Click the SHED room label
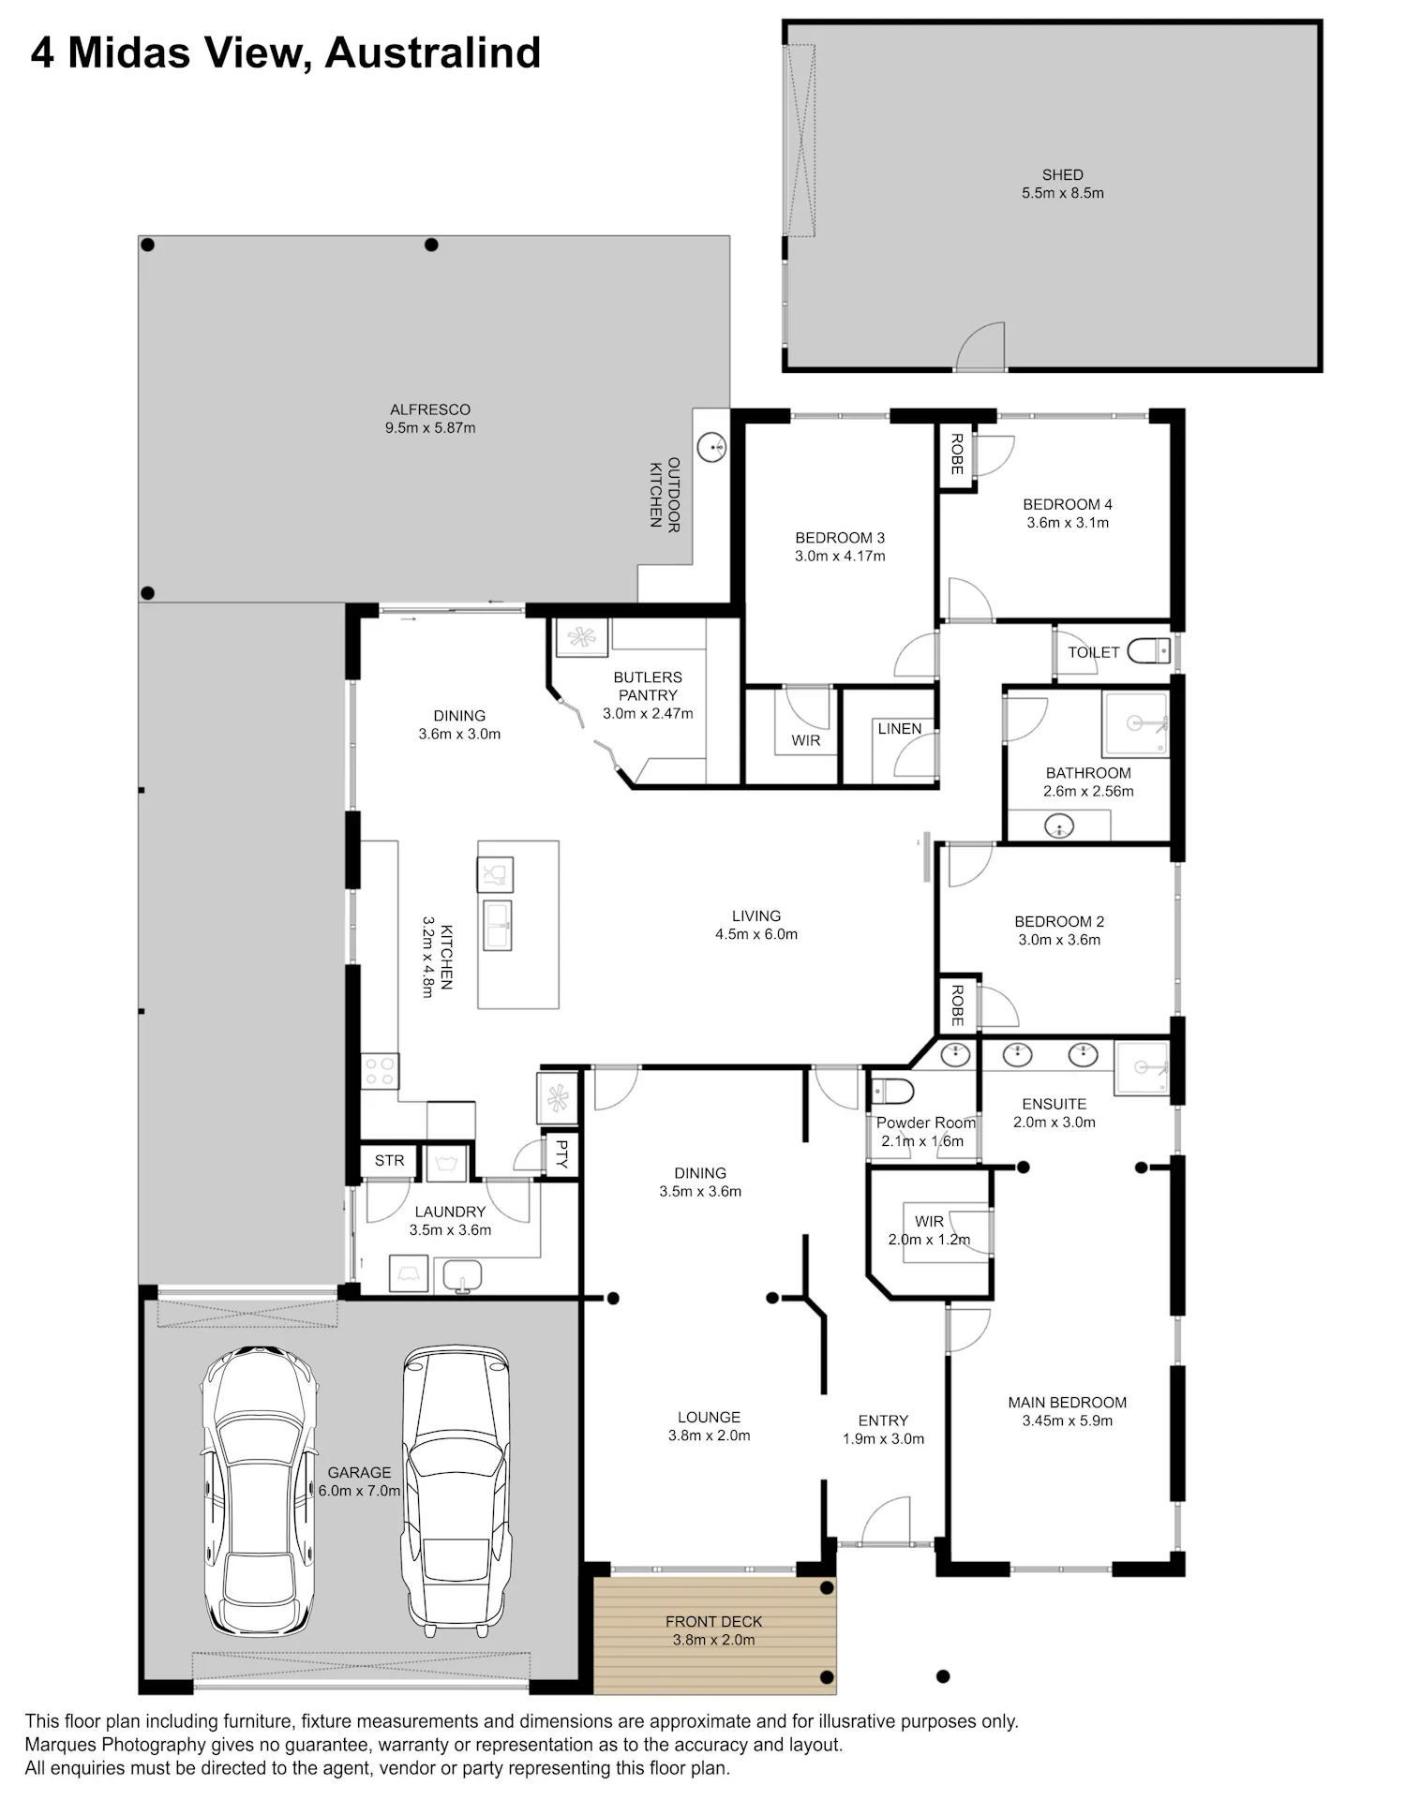(1062, 174)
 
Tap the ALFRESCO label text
(430, 409)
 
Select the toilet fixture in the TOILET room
(1148, 650)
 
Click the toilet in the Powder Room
(892, 1092)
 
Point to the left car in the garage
(260, 1491)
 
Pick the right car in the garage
(456, 1491)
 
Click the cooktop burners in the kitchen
(380, 1071)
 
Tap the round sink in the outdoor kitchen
(713, 446)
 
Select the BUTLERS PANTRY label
(648, 686)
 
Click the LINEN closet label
(900, 728)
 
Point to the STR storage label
(389, 1160)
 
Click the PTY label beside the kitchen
(561, 1153)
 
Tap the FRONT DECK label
(713, 1621)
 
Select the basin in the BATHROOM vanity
(1059, 827)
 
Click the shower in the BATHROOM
(1136, 723)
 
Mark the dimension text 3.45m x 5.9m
(1068, 1421)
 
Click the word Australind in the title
(433, 52)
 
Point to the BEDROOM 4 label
(1068, 504)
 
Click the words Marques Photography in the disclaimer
(115, 1745)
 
